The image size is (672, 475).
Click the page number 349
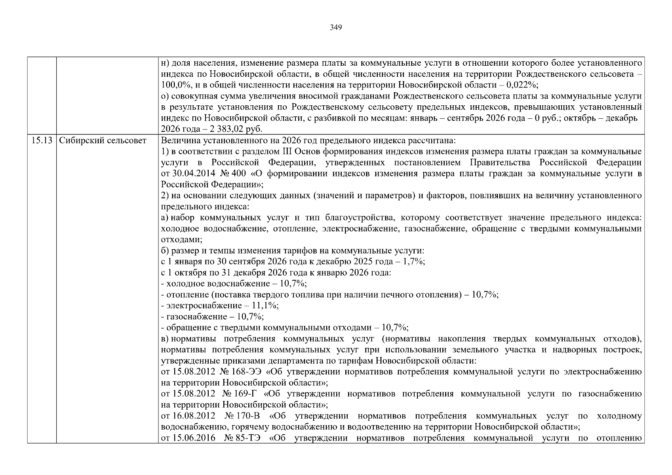pos(335,27)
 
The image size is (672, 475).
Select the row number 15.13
pos(42,141)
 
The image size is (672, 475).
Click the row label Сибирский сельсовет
pos(103,141)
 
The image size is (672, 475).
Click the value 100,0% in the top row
pos(173,85)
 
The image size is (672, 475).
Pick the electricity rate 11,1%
pos(267,306)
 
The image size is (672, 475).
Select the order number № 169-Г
pos(240,394)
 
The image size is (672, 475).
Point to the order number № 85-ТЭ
pos(242,438)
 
